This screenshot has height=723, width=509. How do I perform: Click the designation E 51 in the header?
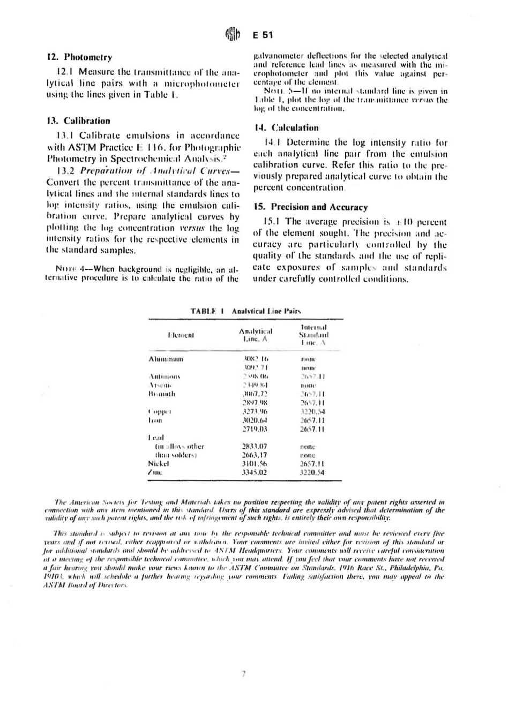click(263, 35)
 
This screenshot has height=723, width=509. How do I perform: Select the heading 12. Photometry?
click(79, 57)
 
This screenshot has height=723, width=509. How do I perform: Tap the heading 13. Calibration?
click(78, 121)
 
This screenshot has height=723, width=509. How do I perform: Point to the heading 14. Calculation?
click(286, 128)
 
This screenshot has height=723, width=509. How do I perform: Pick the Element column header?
click(181, 335)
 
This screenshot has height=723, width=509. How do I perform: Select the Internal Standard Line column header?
click(314, 335)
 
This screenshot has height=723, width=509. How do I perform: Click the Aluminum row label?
click(166, 359)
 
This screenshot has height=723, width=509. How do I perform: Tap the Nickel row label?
click(159, 464)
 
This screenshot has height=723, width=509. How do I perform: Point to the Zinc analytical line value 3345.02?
click(254, 473)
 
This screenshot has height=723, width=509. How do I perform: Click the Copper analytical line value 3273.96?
click(255, 412)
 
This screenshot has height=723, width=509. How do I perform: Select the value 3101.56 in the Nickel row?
click(254, 464)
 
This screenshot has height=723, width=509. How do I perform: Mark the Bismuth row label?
click(162, 394)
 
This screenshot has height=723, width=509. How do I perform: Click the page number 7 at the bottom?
click(243, 674)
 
